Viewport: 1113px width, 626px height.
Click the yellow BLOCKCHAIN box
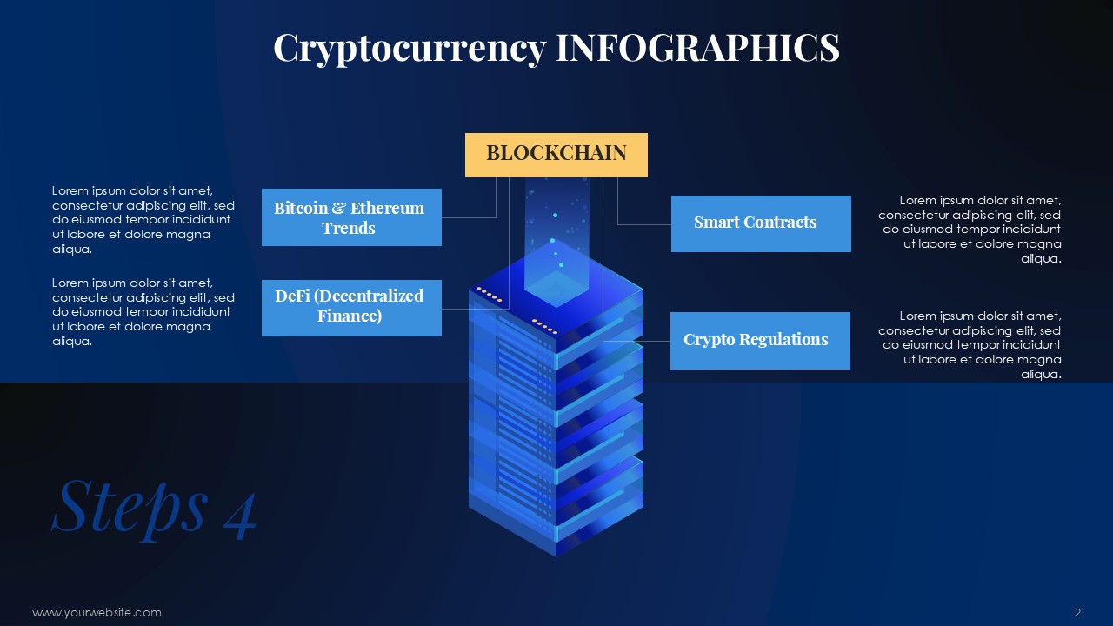tap(556, 155)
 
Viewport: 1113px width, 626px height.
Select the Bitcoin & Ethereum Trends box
tap(351, 217)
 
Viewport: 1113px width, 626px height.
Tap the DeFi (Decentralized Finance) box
tap(351, 308)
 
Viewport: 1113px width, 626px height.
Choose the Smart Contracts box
tap(761, 223)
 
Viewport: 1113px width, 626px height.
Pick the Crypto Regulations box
tap(760, 341)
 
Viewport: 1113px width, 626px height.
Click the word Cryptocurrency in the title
tap(410, 49)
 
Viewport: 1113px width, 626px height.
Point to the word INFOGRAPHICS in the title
tap(697, 47)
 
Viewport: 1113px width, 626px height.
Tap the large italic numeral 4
tap(240, 516)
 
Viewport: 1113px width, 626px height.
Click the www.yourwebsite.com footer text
tap(97, 613)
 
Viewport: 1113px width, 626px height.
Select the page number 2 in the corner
tap(1078, 613)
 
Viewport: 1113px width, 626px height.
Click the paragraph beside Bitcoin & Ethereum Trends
tap(143, 220)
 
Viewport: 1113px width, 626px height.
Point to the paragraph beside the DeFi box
tap(143, 311)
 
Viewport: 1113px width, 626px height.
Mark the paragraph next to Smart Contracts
tap(970, 229)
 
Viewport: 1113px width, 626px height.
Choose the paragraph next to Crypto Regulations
tap(970, 344)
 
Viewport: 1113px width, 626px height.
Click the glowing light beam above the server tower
tap(557, 234)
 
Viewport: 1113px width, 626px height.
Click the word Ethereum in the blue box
tap(387, 208)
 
